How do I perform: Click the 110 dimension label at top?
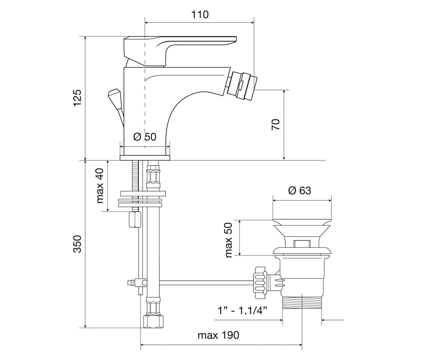pyautogui.click(x=200, y=15)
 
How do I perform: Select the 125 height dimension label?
pyautogui.click(x=78, y=98)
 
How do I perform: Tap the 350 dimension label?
pyautogui.click(x=78, y=244)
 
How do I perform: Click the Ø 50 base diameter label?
pyautogui.click(x=145, y=137)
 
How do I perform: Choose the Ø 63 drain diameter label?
pyautogui.click(x=300, y=190)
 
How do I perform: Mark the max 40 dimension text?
pyautogui.click(x=100, y=185)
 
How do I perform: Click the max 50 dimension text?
pyautogui.click(x=229, y=240)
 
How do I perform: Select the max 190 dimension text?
pyautogui.click(x=218, y=335)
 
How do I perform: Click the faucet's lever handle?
pyautogui.click(x=180, y=51)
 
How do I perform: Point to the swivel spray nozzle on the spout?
pyautogui.click(x=242, y=86)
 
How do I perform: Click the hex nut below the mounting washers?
pyautogui.click(x=135, y=219)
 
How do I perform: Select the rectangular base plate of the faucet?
pyautogui.click(x=145, y=158)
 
